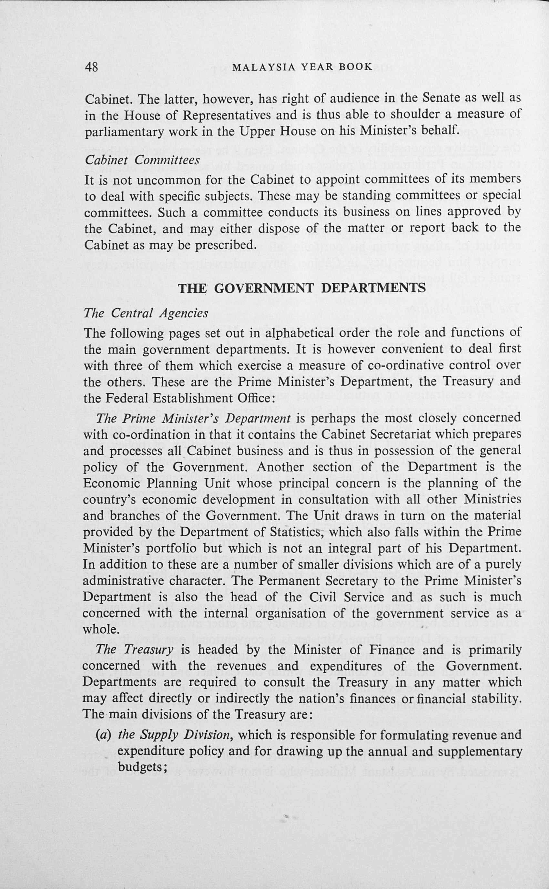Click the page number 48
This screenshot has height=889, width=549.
tap(91, 67)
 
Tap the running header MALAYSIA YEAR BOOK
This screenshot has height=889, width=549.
tap(302, 67)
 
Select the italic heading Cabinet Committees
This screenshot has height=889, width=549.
tap(142, 160)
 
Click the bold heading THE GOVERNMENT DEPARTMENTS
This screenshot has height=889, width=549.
tap(302, 288)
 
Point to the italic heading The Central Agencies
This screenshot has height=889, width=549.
tap(146, 313)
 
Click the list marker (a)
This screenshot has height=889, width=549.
tap(103, 735)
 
